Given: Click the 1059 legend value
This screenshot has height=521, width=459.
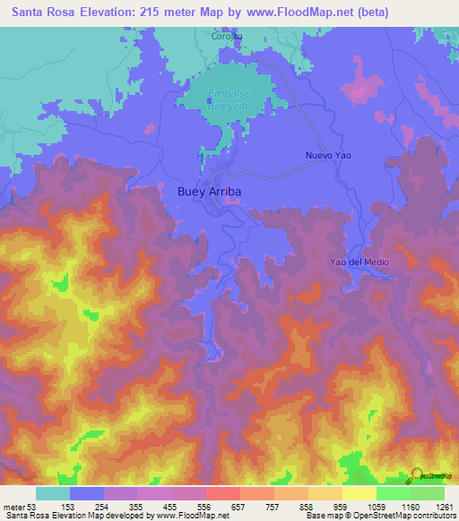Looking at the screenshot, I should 377,507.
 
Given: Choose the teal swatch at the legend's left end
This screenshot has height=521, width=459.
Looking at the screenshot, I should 53,493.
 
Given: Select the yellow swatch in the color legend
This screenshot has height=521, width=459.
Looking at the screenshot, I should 359,493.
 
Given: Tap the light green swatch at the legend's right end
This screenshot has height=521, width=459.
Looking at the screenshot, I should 428,493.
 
